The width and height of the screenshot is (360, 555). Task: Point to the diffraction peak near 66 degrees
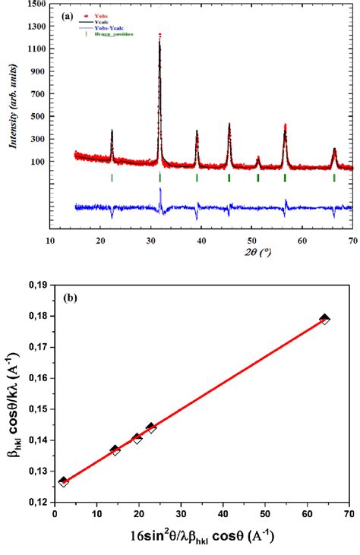[334, 150]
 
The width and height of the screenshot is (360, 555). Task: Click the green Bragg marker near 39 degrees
[197, 178]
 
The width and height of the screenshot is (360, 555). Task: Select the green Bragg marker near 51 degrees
[258, 178]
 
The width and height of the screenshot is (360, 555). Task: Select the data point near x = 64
[325, 319]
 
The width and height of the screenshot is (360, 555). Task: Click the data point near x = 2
[63, 481]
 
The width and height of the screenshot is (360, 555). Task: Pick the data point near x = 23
[151, 428]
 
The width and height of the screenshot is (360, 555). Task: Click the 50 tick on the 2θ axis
[252, 240]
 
